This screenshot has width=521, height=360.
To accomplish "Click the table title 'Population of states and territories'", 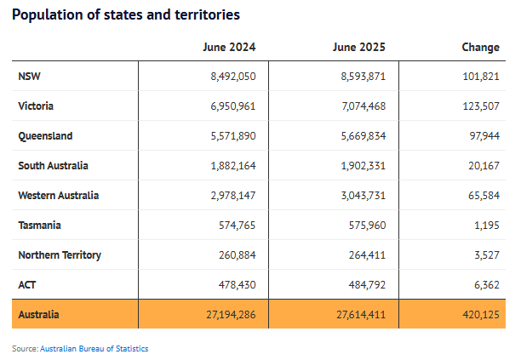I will (x=126, y=14).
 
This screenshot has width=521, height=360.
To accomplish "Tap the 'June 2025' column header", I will (x=360, y=47).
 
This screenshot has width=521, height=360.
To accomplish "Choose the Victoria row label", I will (x=35, y=106).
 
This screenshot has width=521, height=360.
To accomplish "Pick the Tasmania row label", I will (x=39, y=226).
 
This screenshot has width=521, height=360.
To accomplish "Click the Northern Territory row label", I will (x=59, y=255).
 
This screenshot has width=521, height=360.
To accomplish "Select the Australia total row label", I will (x=39, y=315).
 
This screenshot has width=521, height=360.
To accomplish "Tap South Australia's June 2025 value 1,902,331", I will (x=363, y=166).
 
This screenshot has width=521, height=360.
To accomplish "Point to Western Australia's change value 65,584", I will (x=484, y=196).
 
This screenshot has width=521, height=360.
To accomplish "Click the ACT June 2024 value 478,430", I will (x=236, y=285).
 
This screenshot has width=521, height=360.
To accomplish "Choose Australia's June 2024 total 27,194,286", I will (x=230, y=315).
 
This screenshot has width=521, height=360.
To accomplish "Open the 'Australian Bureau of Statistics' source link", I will (x=94, y=348).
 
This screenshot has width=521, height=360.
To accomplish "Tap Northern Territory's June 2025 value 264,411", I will (x=366, y=255).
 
